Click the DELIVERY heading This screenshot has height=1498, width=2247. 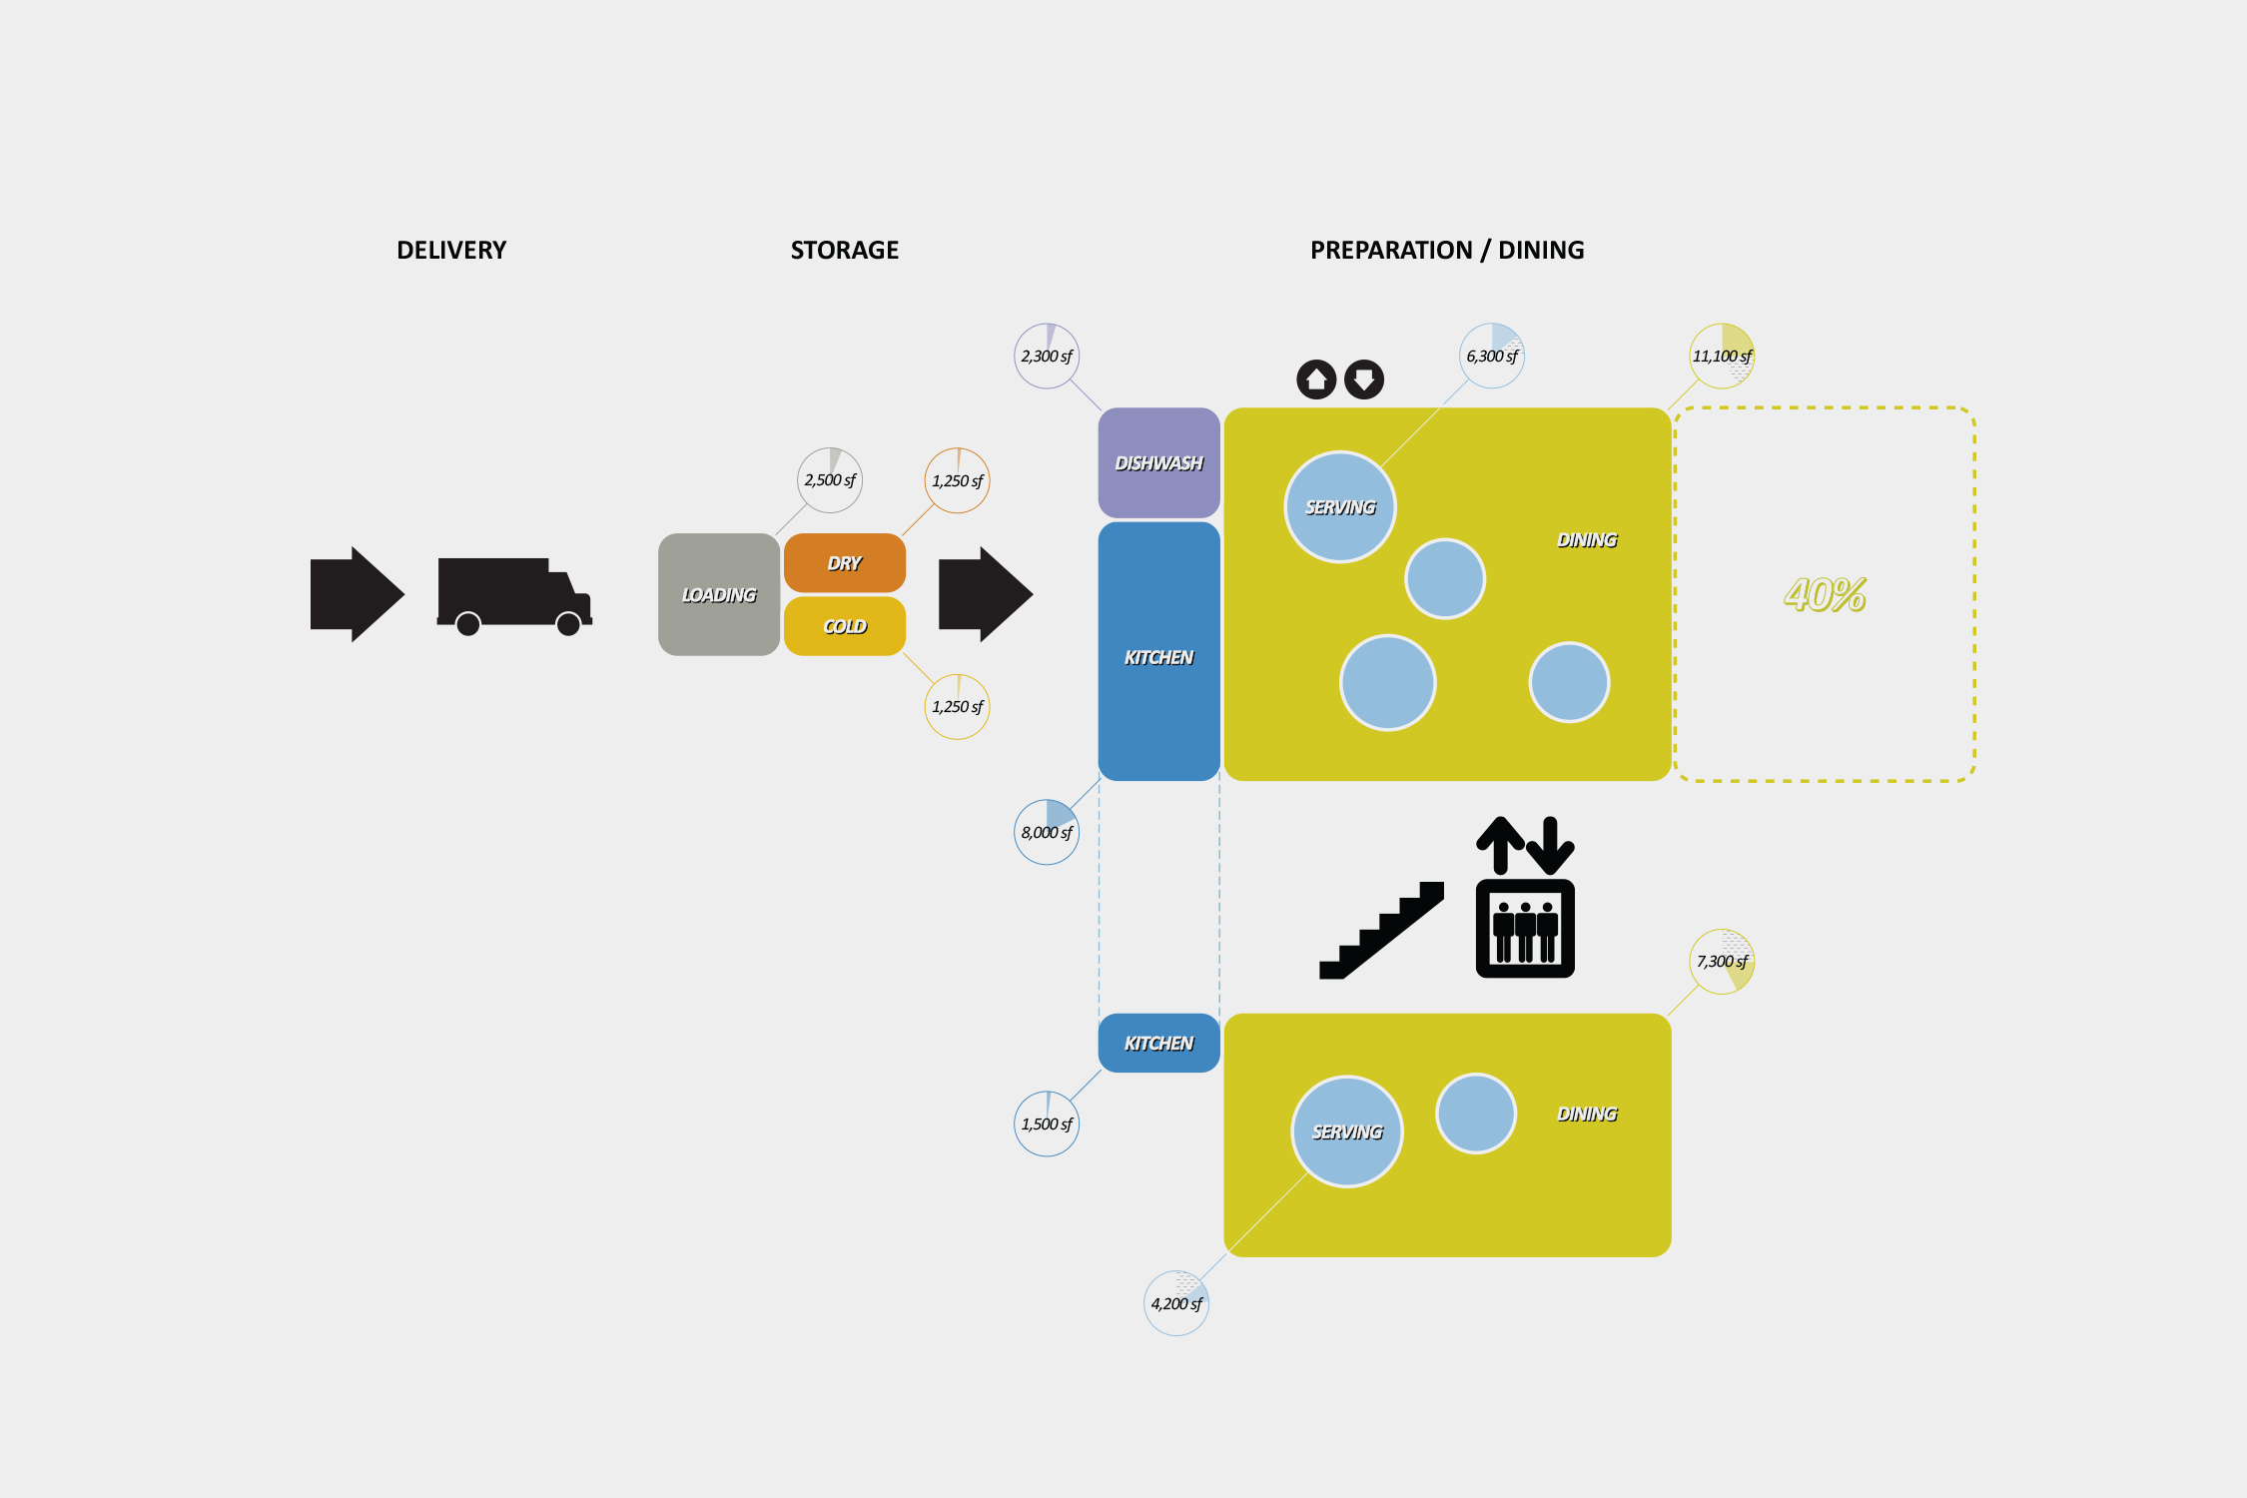451,250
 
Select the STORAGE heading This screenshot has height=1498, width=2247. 844,250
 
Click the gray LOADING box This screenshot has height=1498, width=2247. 718,594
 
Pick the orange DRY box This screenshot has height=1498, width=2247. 844,563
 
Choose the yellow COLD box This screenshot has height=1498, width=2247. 844,626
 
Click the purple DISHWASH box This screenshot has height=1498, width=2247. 1158,462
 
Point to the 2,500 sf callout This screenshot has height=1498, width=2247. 830,480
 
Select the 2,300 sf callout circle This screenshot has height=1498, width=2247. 1047,357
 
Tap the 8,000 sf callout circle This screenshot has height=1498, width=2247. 1047,832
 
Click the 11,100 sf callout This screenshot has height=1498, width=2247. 1722,357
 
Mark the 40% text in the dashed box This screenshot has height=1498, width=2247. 1825,595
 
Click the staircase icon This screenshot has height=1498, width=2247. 1381,931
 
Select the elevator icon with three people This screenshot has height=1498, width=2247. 1525,928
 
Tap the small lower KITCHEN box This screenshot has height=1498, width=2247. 1158,1044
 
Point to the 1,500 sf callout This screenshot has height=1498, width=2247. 1047,1124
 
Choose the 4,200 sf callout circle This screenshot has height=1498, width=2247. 1176,1303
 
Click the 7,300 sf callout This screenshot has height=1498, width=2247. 1722,962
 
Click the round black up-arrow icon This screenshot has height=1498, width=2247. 1316,379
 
